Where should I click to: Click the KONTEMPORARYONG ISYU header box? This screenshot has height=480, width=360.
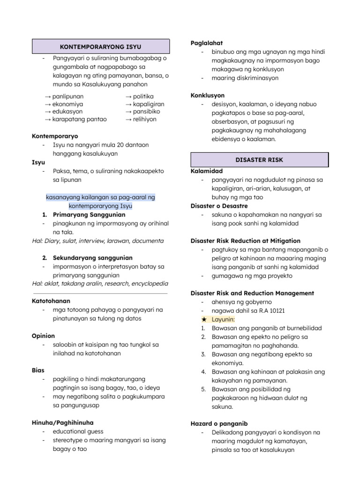click(100, 47)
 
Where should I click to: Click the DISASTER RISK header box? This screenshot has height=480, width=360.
click(259, 160)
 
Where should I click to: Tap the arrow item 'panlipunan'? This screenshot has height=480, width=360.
click(64, 96)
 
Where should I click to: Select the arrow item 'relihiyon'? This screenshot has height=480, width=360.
click(143, 119)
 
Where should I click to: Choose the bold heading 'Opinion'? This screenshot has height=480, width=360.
click(43, 336)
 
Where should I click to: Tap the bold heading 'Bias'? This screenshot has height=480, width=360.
click(38, 370)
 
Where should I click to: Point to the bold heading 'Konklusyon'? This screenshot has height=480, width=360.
click(208, 95)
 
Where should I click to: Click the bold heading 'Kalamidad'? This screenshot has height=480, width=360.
click(207, 171)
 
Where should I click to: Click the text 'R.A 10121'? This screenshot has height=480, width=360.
click(269, 310)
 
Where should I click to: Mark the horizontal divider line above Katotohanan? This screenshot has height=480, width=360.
click(99, 293)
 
